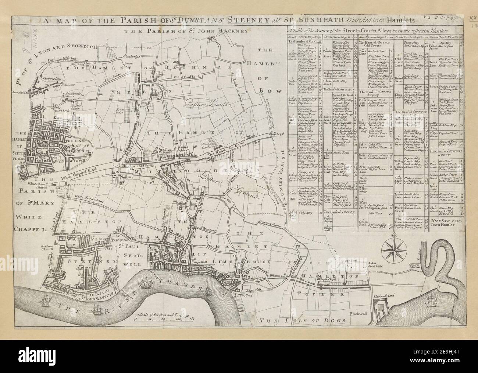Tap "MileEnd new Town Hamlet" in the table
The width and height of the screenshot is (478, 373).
pos(445,222)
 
